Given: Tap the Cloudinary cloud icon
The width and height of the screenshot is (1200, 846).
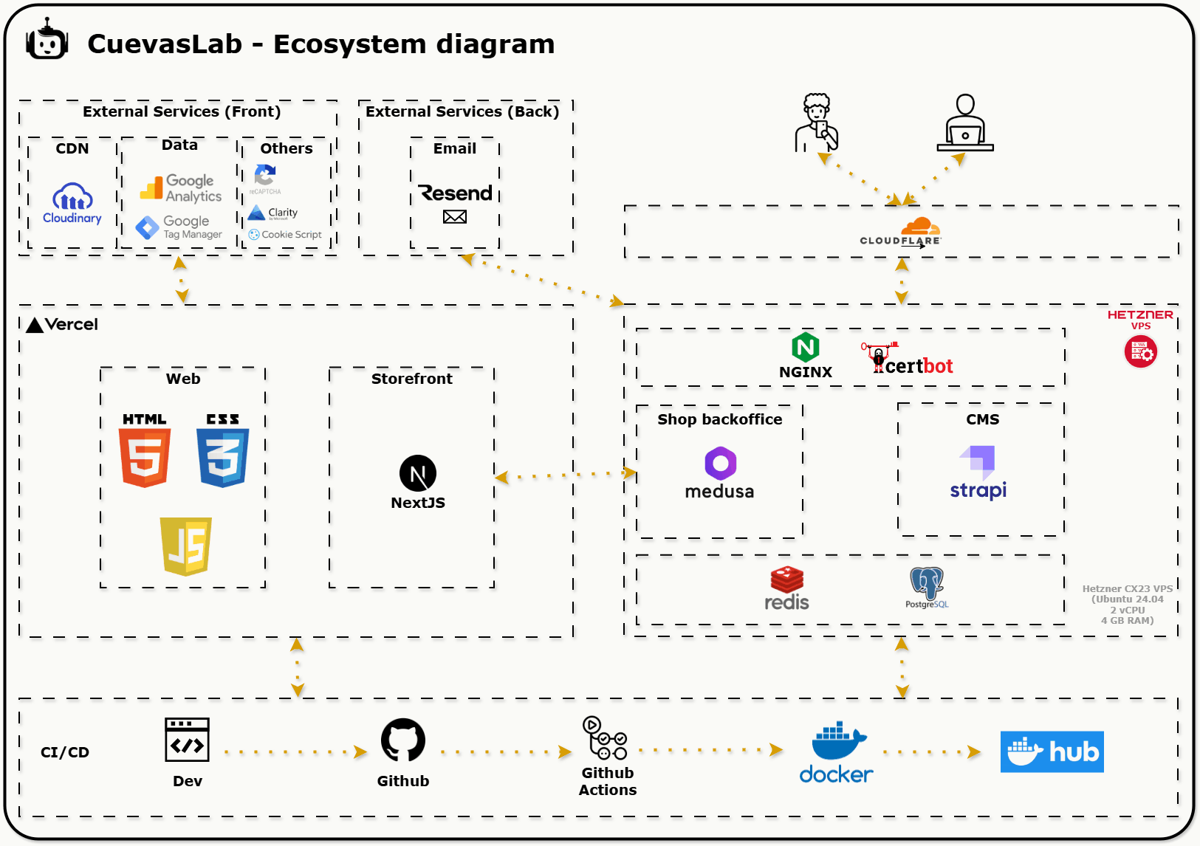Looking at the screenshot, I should click(72, 197).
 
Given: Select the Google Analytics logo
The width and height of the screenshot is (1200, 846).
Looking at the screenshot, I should click(151, 188).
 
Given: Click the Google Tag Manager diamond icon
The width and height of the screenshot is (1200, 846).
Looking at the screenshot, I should click(148, 227).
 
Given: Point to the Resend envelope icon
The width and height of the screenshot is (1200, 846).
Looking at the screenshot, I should click(455, 216).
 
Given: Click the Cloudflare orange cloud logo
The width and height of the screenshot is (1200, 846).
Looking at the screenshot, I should click(920, 226).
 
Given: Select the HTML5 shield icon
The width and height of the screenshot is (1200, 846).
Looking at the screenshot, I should click(145, 458).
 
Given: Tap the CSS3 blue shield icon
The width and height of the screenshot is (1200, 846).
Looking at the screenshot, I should click(222, 458).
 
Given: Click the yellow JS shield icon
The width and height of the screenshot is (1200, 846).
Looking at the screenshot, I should click(186, 546).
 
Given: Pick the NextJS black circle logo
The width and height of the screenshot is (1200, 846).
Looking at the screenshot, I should click(418, 473).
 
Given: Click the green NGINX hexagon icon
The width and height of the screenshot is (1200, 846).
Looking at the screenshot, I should click(806, 347).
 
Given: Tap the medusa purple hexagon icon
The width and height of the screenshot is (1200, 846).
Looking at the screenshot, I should click(720, 464).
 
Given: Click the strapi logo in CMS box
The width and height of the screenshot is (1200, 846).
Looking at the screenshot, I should click(978, 472).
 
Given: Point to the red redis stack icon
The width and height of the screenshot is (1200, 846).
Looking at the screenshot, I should click(787, 580).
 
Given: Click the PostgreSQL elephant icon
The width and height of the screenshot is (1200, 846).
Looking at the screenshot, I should click(927, 583).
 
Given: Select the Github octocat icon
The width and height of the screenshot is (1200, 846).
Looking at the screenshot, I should click(403, 740).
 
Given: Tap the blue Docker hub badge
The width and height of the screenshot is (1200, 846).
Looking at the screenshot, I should click(1052, 752).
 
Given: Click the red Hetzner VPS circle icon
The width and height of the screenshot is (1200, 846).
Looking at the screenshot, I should click(1140, 351).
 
